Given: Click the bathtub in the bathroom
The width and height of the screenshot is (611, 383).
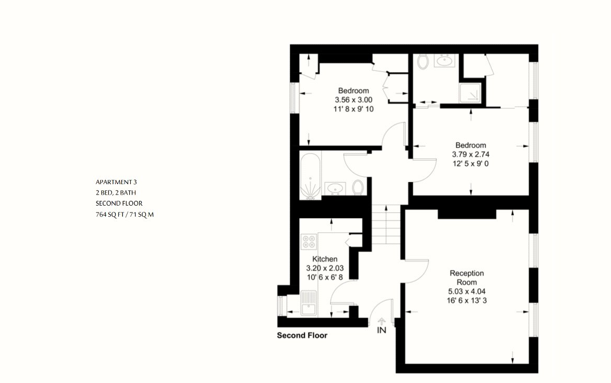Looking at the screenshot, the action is point(310,176).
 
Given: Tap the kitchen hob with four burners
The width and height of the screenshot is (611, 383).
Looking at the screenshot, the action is point(309,242).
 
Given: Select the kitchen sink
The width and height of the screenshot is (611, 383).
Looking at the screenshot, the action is point(309,303).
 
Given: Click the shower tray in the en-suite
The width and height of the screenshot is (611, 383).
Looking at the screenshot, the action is point(470,93).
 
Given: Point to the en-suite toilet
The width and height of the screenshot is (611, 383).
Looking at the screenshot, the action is point(423,62).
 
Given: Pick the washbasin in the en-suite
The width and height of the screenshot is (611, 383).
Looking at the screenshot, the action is point(444,61).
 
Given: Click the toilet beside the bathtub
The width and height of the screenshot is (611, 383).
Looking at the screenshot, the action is point(358,187).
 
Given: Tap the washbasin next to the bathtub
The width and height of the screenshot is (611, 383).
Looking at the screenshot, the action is point(335,188).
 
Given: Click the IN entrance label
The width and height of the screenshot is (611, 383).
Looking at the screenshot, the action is point(381,330).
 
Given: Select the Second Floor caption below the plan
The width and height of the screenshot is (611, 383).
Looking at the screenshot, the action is point(302,335).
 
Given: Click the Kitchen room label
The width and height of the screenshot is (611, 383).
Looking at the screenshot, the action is point(324,258).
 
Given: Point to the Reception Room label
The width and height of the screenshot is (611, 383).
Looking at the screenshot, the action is point(467,277).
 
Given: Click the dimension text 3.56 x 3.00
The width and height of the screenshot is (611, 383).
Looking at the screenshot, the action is point(354,100).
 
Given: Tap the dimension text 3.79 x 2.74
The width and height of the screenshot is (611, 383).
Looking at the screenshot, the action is point(471,154).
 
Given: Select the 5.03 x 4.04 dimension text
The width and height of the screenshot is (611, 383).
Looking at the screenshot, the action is point(467,291).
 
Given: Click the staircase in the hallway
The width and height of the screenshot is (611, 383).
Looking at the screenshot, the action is point(386,225).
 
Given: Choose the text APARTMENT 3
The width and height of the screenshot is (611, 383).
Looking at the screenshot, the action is point(116,182).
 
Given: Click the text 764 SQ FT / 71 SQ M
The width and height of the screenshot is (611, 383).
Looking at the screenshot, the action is point(125,215).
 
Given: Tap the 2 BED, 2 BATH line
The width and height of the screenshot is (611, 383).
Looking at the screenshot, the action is point(116,193).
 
